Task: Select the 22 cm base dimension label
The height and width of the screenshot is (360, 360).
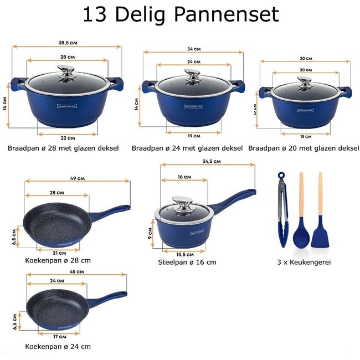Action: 68,137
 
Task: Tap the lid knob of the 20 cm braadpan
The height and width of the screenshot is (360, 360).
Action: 304,81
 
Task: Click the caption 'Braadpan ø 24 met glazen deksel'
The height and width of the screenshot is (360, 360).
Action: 187,148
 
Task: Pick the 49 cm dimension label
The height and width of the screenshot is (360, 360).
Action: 78,178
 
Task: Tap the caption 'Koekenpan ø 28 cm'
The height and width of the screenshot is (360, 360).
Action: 58,260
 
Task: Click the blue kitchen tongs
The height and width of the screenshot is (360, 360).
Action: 282,210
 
